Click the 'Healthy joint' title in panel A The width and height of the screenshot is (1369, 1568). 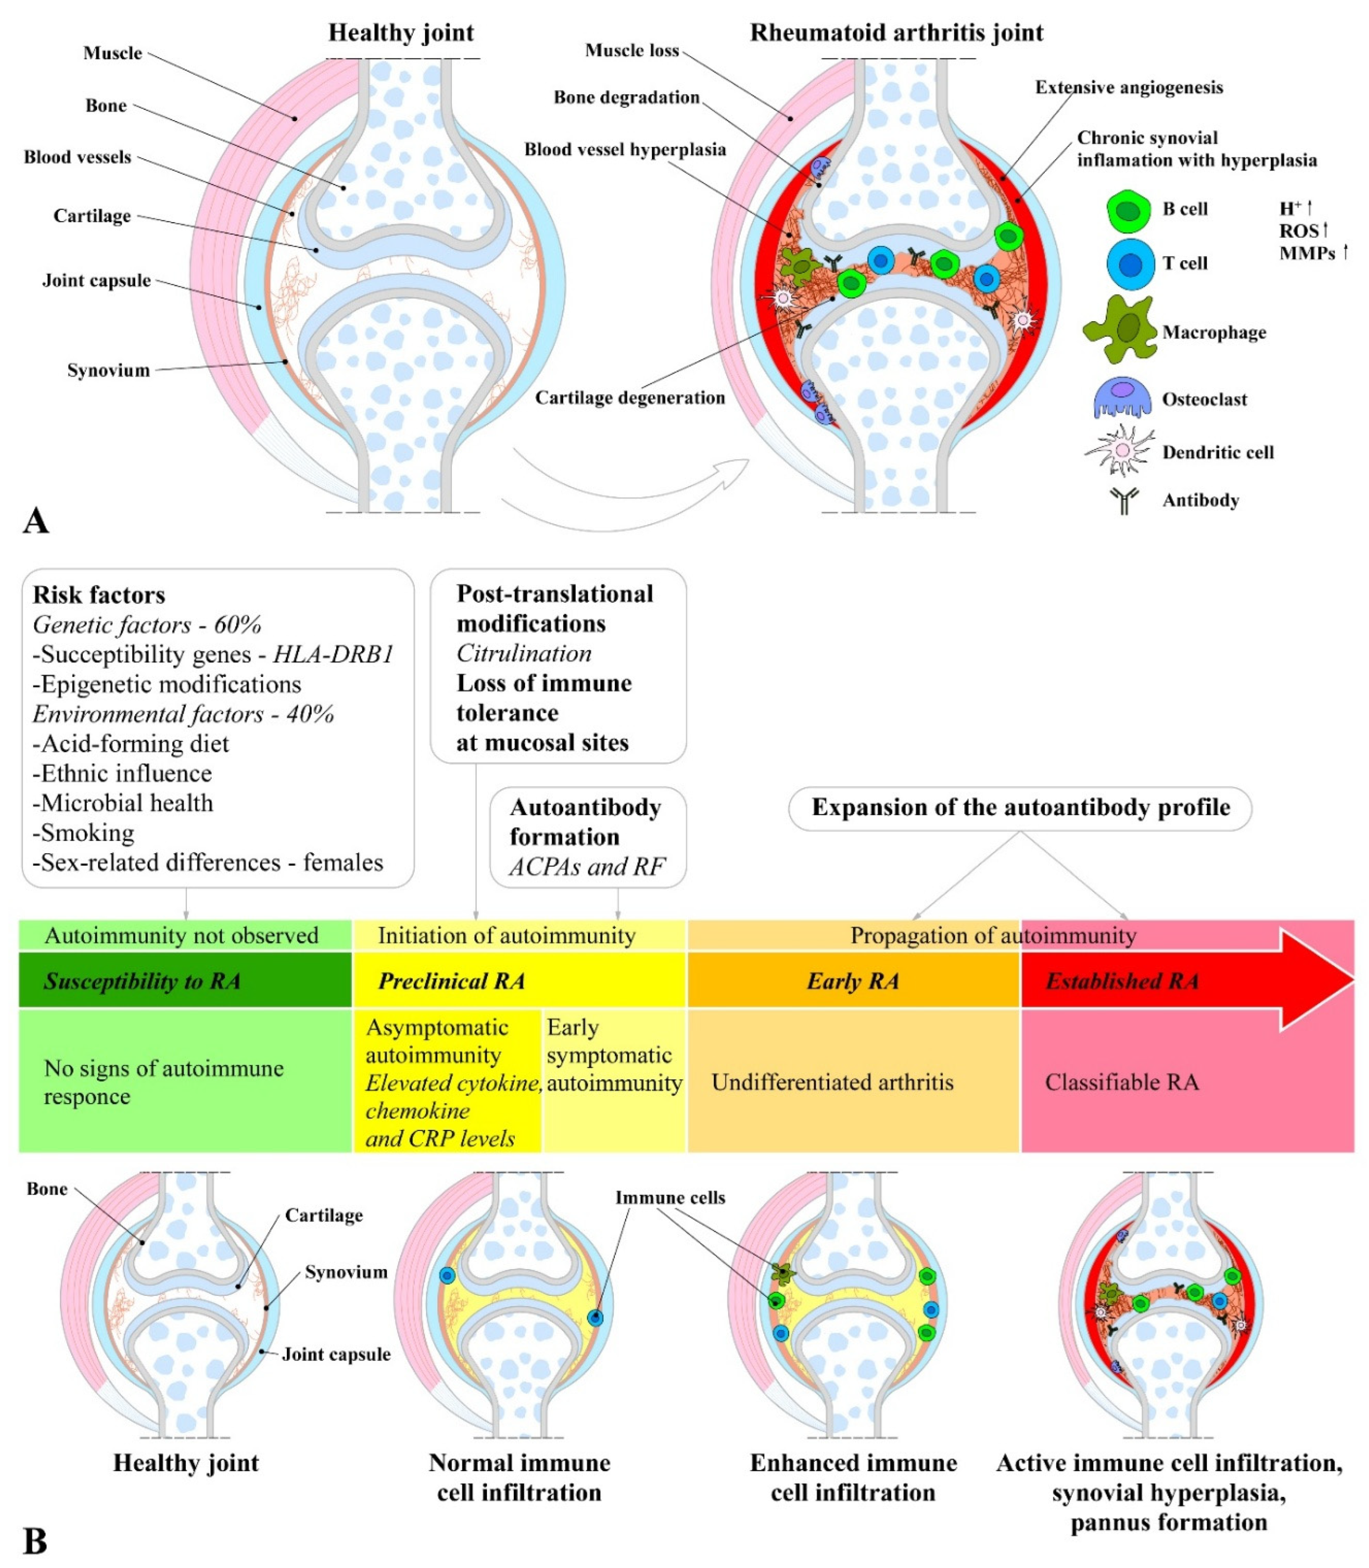[x=401, y=33]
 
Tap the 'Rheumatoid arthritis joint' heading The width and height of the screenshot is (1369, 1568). [x=896, y=33]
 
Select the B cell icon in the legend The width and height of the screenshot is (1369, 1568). [x=1128, y=212]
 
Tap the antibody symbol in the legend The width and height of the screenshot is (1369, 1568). [x=1124, y=500]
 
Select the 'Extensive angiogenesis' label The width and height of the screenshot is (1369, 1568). [x=1128, y=88]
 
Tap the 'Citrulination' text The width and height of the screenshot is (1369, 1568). [x=524, y=654]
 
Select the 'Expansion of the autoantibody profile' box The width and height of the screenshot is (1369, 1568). [x=1020, y=808]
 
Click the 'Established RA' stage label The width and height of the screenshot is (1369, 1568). [x=1122, y=981]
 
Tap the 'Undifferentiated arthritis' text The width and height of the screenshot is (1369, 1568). [x=832, y=1082]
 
